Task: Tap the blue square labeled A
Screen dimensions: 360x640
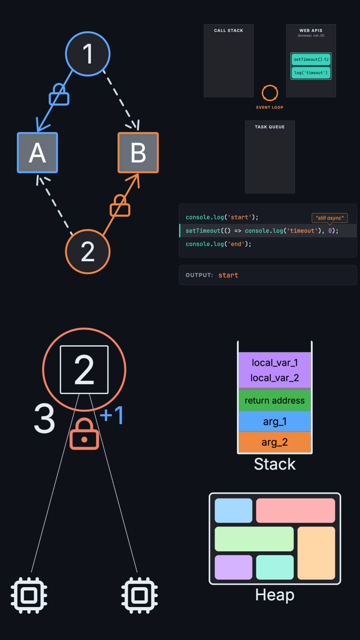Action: click(x=37, y=153)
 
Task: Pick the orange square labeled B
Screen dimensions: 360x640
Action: click(x=138, y=153)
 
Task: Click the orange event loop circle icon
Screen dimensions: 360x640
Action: click(x=270, y=93)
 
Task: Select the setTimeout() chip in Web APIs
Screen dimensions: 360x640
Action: click(x=311, y=59)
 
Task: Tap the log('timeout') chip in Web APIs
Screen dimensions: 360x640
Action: click(x=311, y=73)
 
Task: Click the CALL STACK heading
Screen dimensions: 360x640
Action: click(x=229, y=30)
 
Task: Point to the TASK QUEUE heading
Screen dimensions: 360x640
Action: click(x=270, y=127)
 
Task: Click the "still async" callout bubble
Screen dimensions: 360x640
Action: click(x=330, y=218)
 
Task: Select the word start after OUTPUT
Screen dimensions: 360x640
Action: click(x=228, y=275)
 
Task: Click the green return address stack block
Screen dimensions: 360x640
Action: click(x=275, y=400)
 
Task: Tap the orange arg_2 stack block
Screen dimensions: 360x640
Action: click(x=275, y=442)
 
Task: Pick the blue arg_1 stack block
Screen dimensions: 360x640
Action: click(x=275, y=421)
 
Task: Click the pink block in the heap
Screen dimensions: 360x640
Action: click(x=295, y=510)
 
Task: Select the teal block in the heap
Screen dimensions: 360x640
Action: click(x=275, y=567)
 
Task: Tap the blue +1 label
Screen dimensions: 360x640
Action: click(x=112, y=415)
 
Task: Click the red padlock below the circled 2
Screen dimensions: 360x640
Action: click(x=84, y=434)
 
